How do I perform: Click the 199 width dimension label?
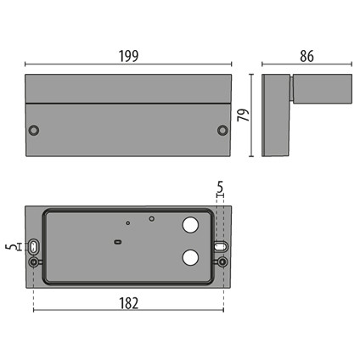click(x=128, y=56)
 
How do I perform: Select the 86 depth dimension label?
click(x=307, y=56)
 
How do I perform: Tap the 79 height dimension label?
click(x=244, y=115)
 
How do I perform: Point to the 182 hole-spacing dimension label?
click(x=128, y=303)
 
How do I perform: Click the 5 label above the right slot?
click(x=220, y=187)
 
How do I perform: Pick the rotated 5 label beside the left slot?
click(x=10, y=247)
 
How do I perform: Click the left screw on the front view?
click(x=34, y=130)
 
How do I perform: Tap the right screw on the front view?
click(x=222, y=130)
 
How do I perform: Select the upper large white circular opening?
click(x=190, y=225)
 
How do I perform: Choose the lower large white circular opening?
click(x=190, y=257)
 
